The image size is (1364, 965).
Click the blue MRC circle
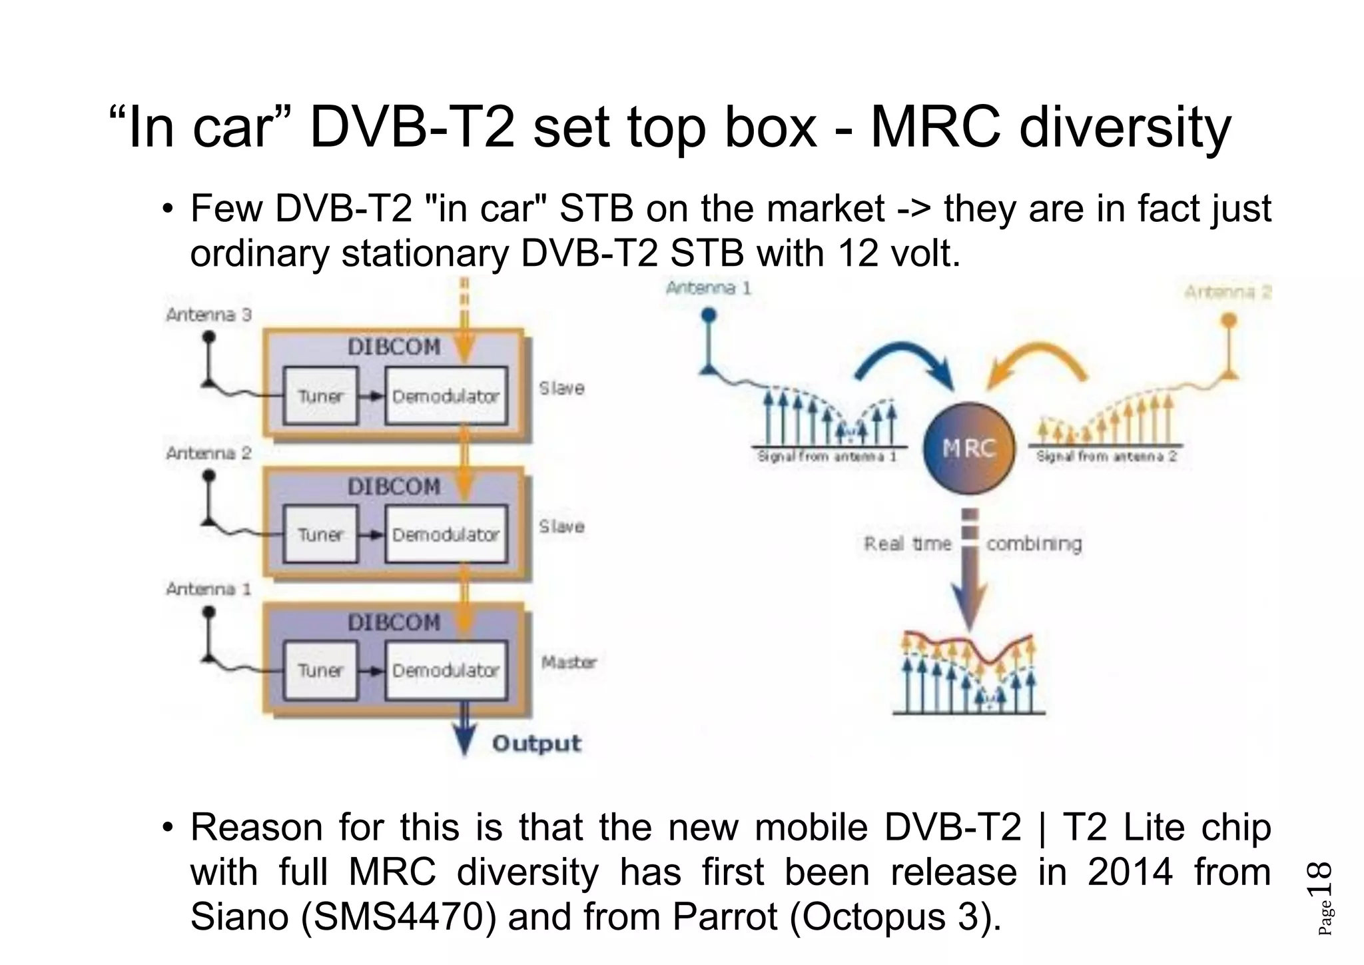click(x=969, y=448)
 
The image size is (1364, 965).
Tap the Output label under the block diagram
click(x=536, y=743)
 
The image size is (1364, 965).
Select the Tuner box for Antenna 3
click(x=320, y=396)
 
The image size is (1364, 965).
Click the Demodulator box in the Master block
click(x=446, y=670)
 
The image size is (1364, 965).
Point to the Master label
click(x=568, y=662)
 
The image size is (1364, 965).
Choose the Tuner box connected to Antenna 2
click(x=320, y=534)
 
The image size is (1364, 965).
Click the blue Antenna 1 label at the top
click(x=708, y=288)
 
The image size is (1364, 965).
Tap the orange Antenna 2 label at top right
click(x=1227, y=292)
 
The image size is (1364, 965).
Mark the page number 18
click(x=1320, y=880)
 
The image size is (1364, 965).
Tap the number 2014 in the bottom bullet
click(x=1130, y=872)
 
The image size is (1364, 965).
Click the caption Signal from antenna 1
click(x=827, y=457)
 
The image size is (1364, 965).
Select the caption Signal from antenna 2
click(x=1106, y=457)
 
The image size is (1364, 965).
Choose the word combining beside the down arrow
click(x=1034, y=544)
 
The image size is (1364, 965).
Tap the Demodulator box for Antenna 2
click(x=446, y=534)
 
